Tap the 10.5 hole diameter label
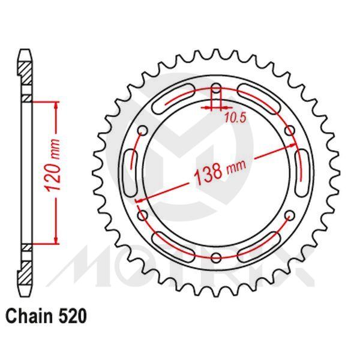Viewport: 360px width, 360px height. point(236,118)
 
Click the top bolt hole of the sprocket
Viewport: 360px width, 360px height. point(216,91)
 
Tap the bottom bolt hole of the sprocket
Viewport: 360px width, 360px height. point(216,258)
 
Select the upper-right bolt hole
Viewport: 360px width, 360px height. point(290,130)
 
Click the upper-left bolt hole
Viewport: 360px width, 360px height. point(142,130)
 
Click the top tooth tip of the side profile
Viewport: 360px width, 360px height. point(26,50)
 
